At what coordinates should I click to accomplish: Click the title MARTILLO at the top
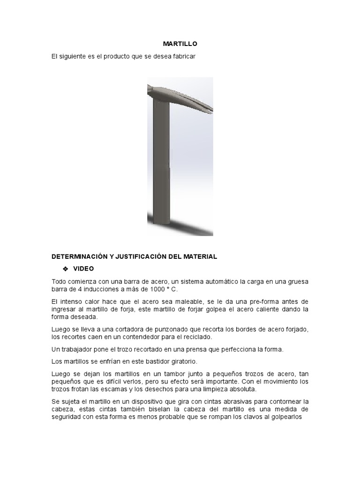pyautogui.click(x=180, y=44)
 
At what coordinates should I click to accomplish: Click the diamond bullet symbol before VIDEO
pyautogui.click(x=65, y=269)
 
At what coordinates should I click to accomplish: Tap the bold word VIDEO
pyautogui.click(x=83, y=269)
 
